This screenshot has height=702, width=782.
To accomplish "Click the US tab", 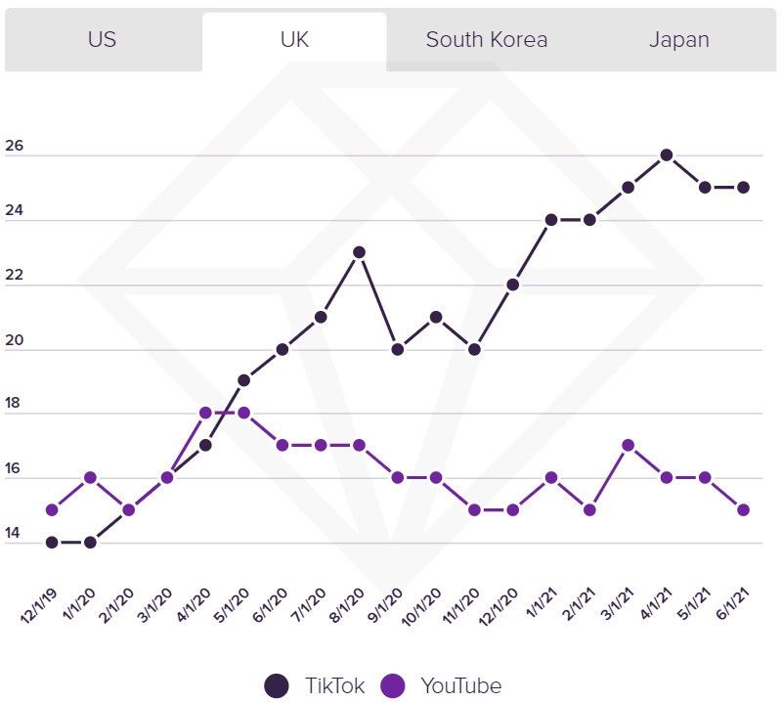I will (103, 40).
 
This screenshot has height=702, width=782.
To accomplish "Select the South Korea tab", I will (486, 40).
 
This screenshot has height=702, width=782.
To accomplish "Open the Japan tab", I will (678, 40).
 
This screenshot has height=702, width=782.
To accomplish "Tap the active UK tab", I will (294, 40).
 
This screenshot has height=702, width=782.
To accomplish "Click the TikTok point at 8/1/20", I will (359, 252).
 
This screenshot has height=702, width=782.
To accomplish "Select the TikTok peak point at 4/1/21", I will (667, 154).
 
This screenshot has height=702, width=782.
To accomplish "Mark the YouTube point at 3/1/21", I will (629, 445).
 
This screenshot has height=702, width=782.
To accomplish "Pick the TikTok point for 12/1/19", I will (52, 542).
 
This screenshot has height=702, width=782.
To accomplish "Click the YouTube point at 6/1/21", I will (744, 509).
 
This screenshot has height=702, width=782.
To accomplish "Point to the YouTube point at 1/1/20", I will (90, 477).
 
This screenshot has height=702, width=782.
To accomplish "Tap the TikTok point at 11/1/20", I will (474, 349).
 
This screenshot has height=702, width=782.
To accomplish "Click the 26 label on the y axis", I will (14, 148).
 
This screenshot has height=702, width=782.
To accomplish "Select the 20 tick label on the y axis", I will (14, 342).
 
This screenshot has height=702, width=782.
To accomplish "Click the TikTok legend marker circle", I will (278, 685).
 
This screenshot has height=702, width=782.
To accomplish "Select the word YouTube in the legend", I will (459, 685).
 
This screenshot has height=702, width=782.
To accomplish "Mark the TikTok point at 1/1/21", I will (551, 220).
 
